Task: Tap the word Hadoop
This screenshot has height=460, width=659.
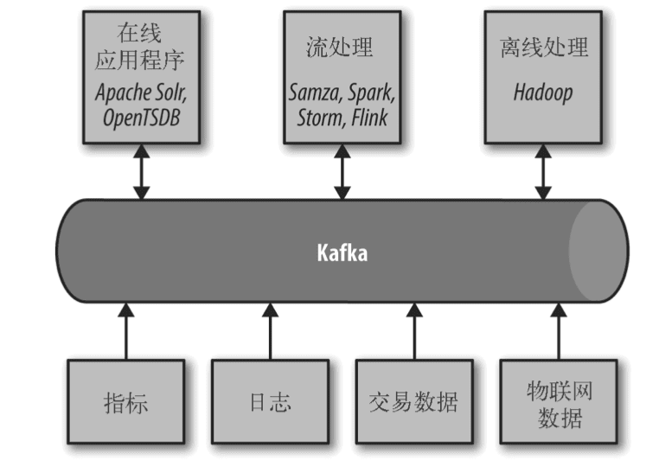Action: click(x=542, y=93)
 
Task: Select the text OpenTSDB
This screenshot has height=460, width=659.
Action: click(x=140, y=116)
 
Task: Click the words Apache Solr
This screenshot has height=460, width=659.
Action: click(x=140, y=92)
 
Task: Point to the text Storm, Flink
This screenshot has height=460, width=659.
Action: click(x=342, y=116)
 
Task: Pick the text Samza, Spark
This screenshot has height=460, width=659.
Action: click(x=342, y=92)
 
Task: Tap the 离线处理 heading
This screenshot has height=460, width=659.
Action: click(x=543, y=47)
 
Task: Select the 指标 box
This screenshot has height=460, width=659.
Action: click(x=125, y=403)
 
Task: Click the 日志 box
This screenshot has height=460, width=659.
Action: click(x=269, y=403)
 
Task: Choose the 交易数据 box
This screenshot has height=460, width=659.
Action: click(x=413, y=403)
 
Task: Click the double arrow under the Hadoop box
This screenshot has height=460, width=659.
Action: click(x=543, y=172)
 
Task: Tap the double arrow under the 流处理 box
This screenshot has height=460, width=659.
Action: click(x=342, y=172)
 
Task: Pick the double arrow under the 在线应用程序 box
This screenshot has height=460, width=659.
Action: click(x=140, y=172)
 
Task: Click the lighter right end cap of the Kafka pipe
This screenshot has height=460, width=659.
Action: click(x=598, y=252)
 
